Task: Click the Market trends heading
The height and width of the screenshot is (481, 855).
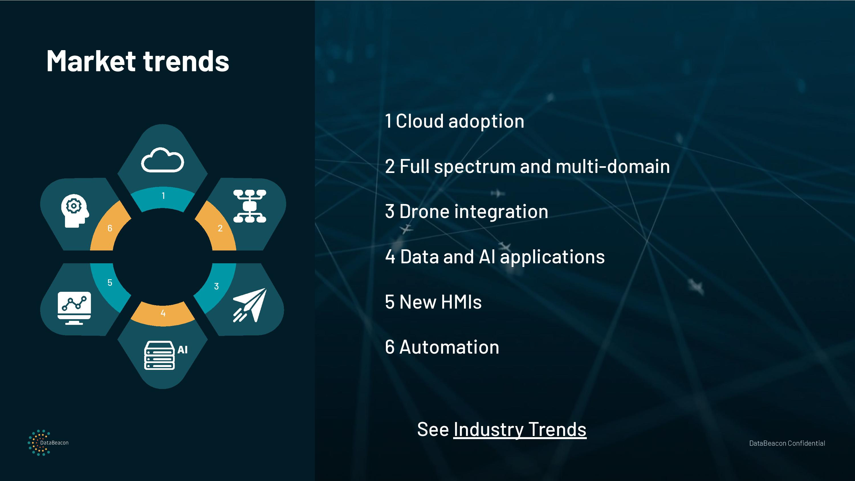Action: [138, 61]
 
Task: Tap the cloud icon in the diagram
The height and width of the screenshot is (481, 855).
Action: [162, 160]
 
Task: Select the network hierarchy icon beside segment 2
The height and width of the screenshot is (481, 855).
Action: [250, 206]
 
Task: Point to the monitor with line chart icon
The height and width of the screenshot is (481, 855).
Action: [74, 308]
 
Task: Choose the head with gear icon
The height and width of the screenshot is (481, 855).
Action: [75, 211]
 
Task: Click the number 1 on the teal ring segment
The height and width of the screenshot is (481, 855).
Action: [163, 196]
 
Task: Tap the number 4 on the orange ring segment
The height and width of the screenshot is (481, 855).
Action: [163, 313]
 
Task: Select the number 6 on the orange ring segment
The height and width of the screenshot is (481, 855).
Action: [110, 228]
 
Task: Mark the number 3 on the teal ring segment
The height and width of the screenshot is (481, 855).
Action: [216, 286]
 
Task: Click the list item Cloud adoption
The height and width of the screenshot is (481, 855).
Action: [454, 121]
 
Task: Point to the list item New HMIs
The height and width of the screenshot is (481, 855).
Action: [433, 302]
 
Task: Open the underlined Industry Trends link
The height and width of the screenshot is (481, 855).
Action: [520, 429]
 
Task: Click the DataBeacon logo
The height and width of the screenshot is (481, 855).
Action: [48, 443]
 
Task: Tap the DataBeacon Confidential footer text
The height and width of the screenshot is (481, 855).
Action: [787, 443]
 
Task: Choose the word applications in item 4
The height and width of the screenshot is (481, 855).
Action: [552, 257]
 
